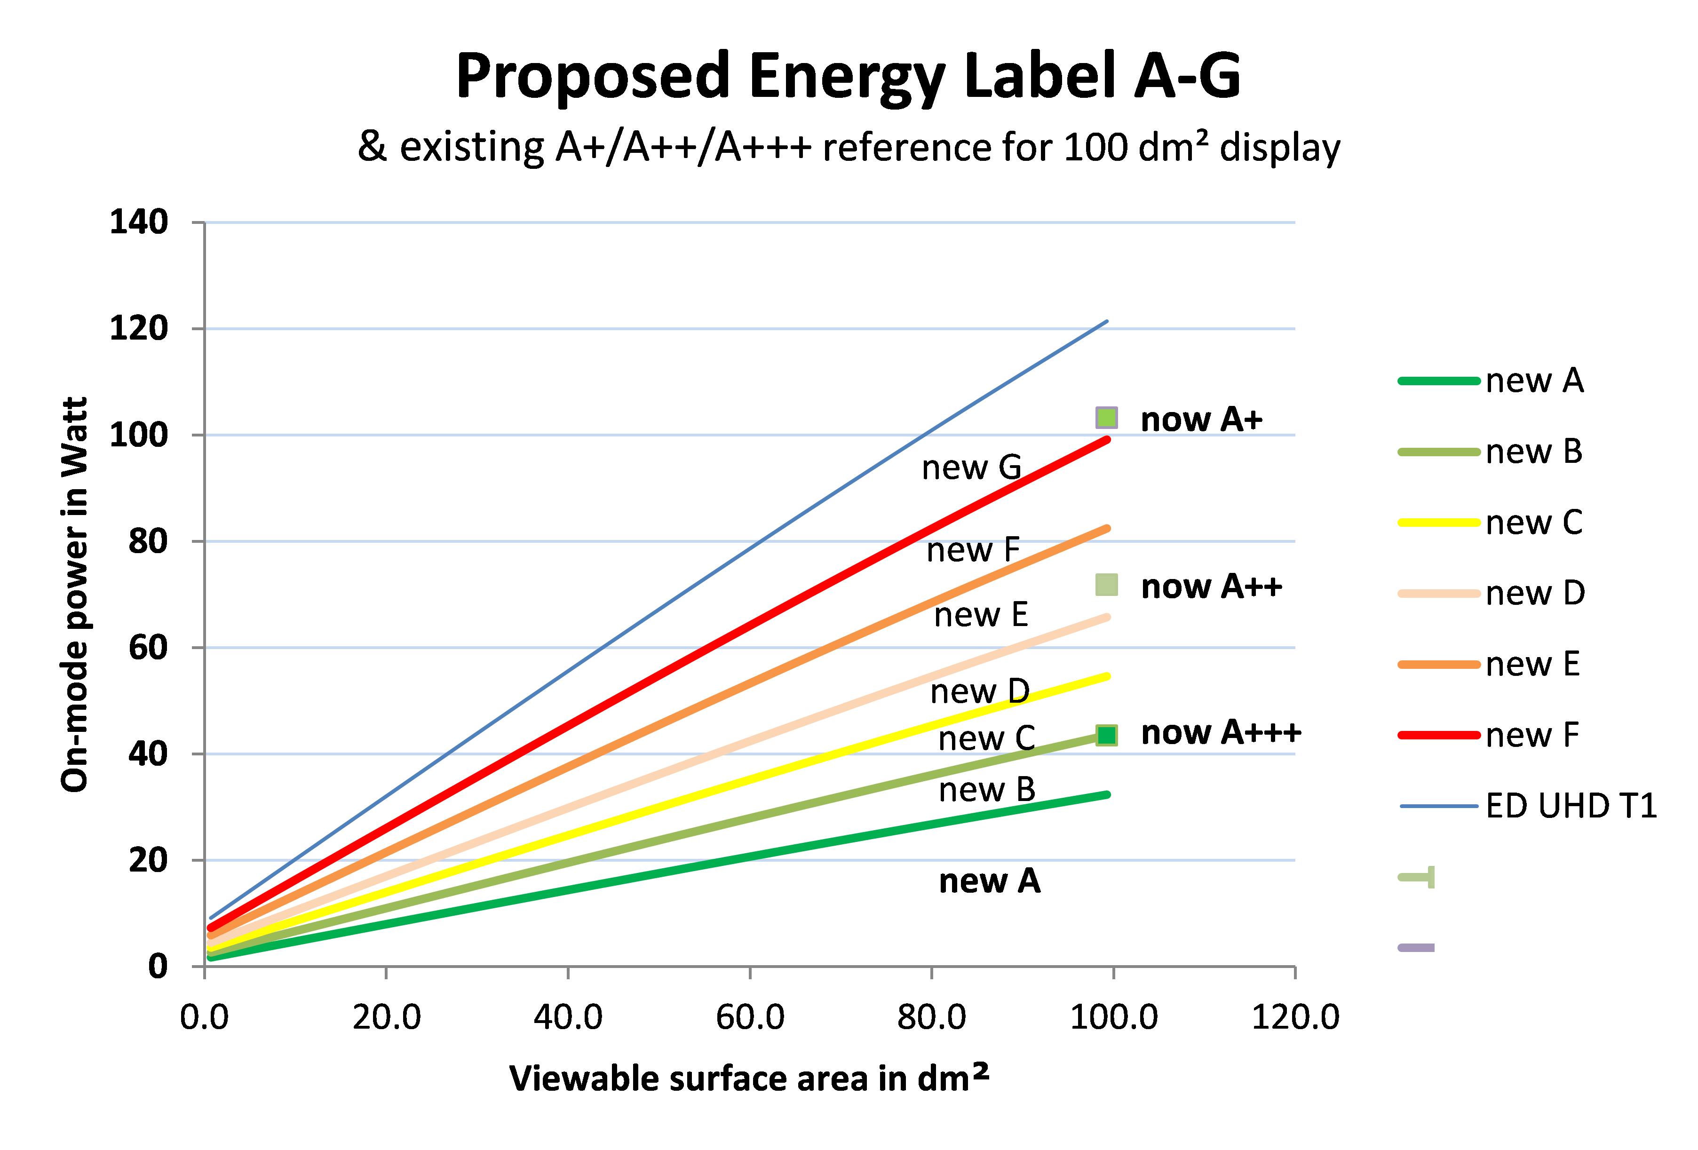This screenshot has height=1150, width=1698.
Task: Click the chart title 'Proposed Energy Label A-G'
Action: pos(848,77)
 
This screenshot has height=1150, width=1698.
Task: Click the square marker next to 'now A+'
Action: pos(1106,418)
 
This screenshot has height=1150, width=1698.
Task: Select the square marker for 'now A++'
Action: pos(1106,585)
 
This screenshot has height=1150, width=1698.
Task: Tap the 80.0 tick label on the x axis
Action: pos(932,1017)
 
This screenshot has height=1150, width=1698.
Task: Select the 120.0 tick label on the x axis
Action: pos(1295,1017)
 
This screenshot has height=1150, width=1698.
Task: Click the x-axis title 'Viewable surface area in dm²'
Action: pos(749,1079)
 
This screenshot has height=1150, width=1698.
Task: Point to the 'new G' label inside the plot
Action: pos(971,468)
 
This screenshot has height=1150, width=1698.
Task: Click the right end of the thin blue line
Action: pos(1107,321)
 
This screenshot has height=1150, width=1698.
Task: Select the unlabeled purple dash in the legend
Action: pos(1416,948)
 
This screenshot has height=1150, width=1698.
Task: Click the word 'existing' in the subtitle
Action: pos(471,148)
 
